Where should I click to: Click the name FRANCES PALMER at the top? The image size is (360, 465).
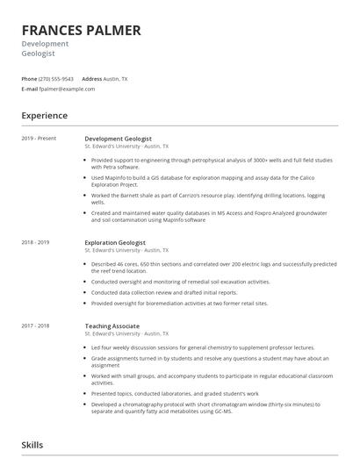click(x=81, y=31)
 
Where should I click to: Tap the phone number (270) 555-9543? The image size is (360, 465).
click(x=56, y=79)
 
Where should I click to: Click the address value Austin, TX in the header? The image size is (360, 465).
click(x=116, y=79)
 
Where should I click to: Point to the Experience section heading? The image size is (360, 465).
click(x=44, y=116)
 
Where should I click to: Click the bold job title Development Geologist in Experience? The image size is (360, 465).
click(x=118, y=139)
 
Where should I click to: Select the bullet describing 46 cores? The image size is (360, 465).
click(x=211, y=266)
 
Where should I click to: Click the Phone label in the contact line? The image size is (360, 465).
click(x=29, y=79)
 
